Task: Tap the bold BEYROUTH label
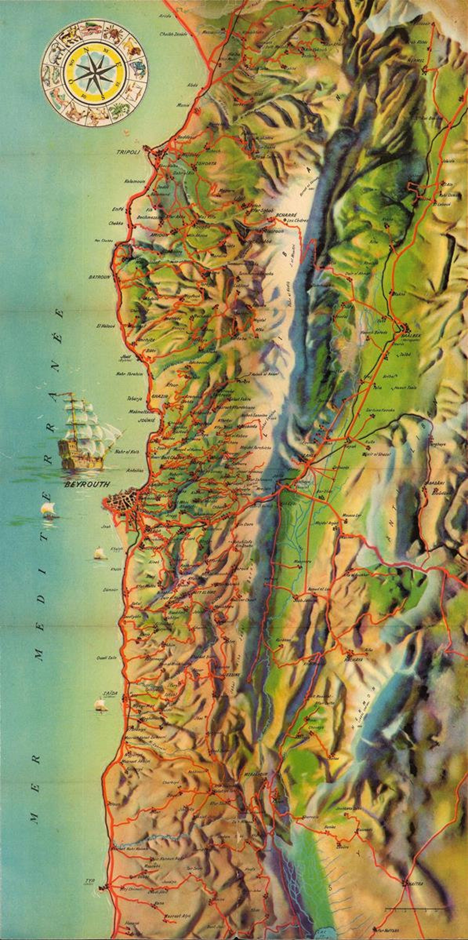click(x=87, y=485)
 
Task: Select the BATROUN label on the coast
click(x=99, y=277)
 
